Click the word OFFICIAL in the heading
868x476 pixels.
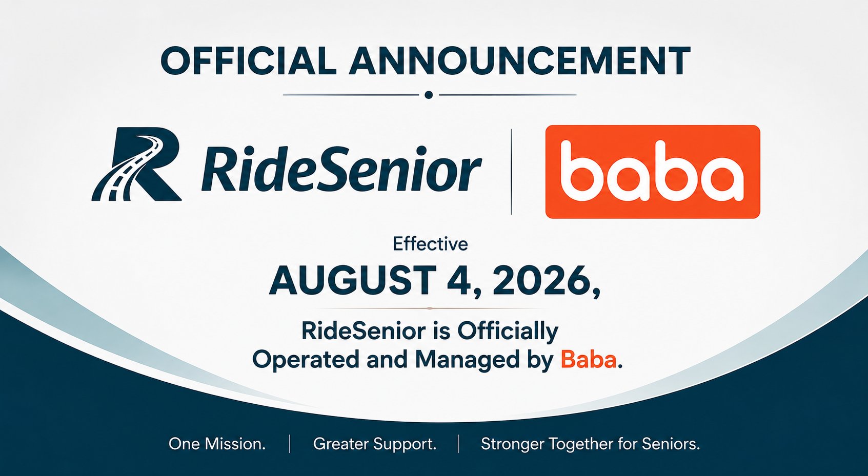coord(248,61)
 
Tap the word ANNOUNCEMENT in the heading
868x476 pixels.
coord(520,61)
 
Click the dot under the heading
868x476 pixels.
coord(429,95)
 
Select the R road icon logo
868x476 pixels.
coord(136,164)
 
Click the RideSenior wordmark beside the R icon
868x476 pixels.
coord(341,169)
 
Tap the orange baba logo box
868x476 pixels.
coord(653,172)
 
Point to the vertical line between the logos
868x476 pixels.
coord(512,172)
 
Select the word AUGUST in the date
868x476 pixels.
coord(353,280)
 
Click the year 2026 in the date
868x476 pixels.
coord(542,280)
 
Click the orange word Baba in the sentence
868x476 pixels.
coord(588,360)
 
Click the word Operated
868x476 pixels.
coord(306,360)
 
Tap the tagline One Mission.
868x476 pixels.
coord(217,444)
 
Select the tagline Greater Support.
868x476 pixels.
coord(375,444)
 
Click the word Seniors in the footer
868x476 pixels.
coord(671,444)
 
